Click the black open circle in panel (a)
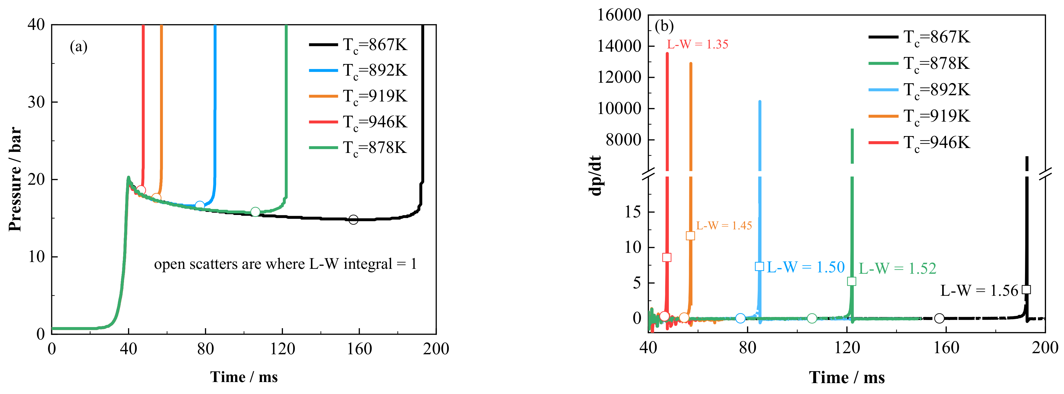pos(353,220)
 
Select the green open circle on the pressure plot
pos(255,212)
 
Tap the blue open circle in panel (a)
pos(199,205)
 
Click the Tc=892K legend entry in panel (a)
pos(358,70)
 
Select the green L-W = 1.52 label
pos(897,269)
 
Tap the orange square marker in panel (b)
pos(690,236)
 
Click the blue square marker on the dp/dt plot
pos(759,266)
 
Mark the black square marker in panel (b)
pos(1026,290)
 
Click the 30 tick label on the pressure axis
pos(36,102)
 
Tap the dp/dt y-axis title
pos(595,175)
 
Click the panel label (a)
pos(78,47)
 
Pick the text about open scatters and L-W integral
pos(285,264)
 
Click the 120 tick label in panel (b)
pos(847,348)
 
